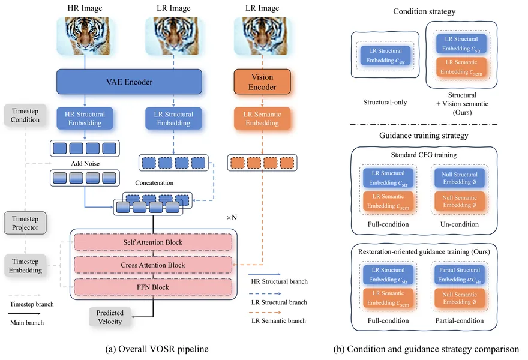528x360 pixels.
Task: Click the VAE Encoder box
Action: pos(130,82)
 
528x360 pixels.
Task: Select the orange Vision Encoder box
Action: pos(262,82)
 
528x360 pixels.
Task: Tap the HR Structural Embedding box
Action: pos(85,119)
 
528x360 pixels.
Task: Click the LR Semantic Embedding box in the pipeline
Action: pos(262,119)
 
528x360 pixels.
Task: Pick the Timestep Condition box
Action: pos(25,115)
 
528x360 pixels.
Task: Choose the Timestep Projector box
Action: pos(25,223)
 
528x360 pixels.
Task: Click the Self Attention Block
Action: pos(153,242)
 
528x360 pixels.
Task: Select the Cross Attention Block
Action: pos(153,265)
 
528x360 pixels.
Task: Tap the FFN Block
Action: pos(153,287)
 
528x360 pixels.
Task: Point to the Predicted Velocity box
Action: pos(110,317)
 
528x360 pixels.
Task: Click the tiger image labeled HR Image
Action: pos(85,36)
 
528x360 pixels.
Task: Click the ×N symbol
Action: pos(232,218)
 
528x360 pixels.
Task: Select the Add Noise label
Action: pos(85,163)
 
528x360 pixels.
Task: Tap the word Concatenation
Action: pos(154,182)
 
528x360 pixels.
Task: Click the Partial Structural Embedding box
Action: pos(460,275)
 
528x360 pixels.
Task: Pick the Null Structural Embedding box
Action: pos(460,178)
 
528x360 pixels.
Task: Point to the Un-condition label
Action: pos(460,224)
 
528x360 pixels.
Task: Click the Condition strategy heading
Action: pos(424,11)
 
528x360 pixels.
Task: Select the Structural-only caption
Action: pos(385,102)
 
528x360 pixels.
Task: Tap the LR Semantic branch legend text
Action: pos(278,320)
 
